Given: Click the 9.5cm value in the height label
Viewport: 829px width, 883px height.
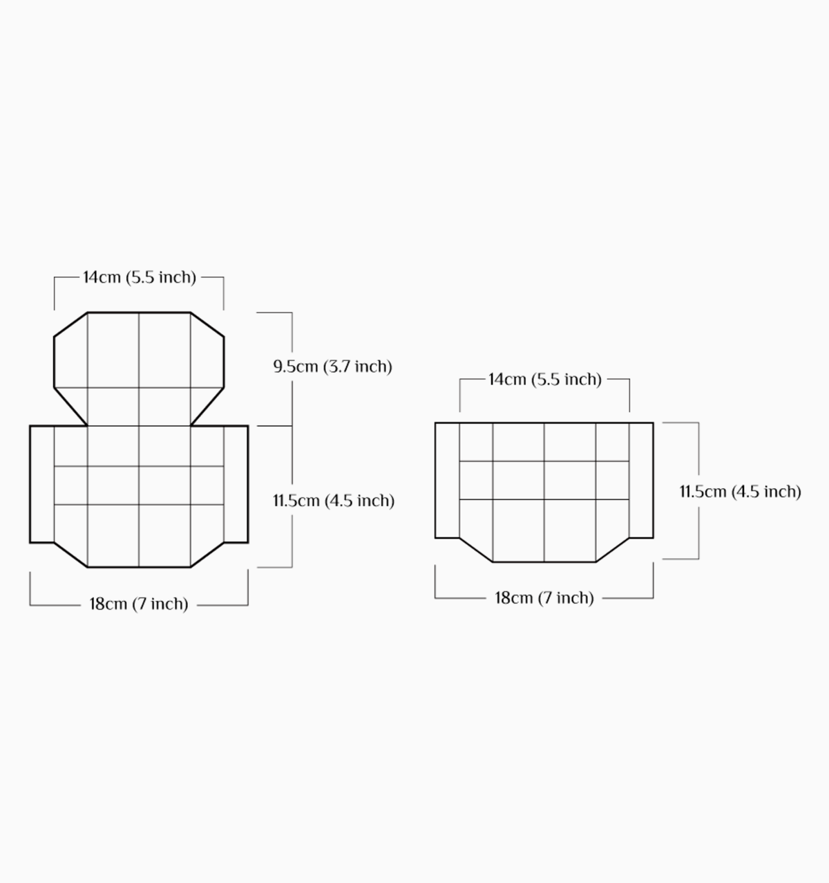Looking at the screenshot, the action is pos(296,366).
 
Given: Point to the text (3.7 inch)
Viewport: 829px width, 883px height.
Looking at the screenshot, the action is pos(358,366).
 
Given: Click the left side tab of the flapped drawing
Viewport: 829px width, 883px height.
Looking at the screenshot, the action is pos(41,484).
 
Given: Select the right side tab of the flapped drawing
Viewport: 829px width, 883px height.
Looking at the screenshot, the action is pos(236,484).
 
